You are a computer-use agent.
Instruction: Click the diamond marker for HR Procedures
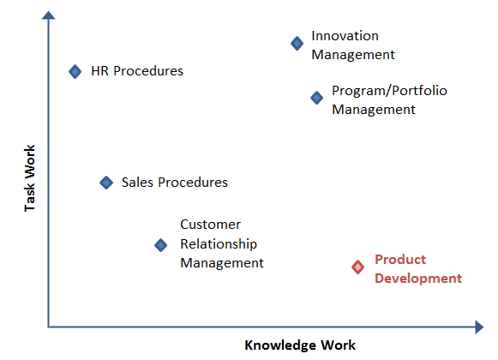tap(75, 71)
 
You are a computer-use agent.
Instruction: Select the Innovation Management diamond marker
tap(297, 43)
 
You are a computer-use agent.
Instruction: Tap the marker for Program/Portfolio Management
tap(316, 98)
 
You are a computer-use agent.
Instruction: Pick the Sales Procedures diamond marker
tap(106, 183)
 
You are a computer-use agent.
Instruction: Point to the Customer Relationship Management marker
tap(160, 245)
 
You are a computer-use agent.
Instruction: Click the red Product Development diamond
tap(358, 267)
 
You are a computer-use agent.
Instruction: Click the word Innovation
tap(345, 36)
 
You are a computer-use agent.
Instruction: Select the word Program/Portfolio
tap(389, 91)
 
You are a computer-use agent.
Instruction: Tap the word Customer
tap(210, 225)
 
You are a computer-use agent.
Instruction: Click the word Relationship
tap(219, 244)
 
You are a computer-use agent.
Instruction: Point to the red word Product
tap(400, 260)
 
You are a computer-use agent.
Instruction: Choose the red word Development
tap(418, 279)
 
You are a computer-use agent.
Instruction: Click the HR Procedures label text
tap(137, 71)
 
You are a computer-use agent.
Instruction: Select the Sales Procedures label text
tap(175, 183)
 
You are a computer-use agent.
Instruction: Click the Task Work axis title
tap(30, 178)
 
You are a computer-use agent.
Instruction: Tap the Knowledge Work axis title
tap(300, 345)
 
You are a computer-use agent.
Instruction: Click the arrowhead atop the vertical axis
tap(49, 15)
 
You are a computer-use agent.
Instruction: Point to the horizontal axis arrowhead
tap(479, 327)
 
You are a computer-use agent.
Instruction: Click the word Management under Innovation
tap(353, 55)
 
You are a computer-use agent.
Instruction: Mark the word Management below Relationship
tap(222, 263)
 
